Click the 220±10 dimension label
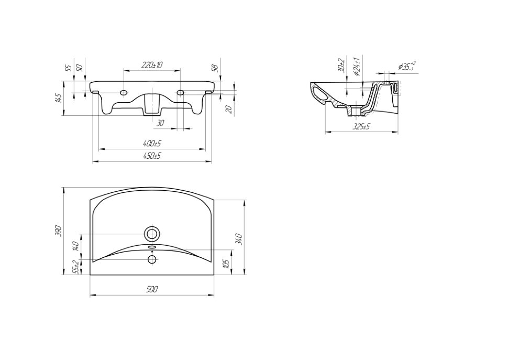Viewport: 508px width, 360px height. point(152,65)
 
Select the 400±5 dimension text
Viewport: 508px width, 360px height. point(152,144)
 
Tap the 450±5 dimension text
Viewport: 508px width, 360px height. point(152,156)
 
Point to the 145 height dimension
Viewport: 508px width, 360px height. point(58,98)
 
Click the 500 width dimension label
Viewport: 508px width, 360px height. point(152,289)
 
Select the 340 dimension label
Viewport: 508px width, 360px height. point(239,239)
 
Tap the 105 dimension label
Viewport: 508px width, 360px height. point(227,264)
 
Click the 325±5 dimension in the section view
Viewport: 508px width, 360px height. point(361,126)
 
